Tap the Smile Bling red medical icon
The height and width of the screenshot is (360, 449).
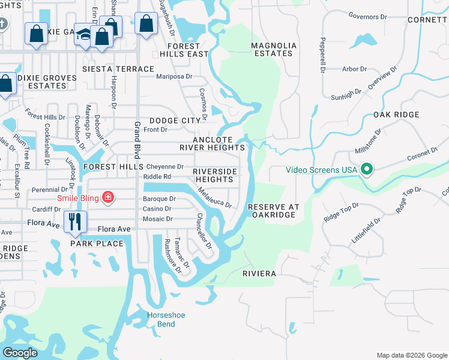coord(108,197)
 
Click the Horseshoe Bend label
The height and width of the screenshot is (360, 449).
coord(162,319)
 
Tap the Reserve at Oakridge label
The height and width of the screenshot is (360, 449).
coord(273,210)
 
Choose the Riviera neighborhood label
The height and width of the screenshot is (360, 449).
coord(259,274)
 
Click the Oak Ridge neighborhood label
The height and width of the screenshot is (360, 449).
coord(396,115)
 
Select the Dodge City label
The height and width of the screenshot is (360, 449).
coord(174,121)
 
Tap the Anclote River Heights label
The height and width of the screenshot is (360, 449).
coord(212,143)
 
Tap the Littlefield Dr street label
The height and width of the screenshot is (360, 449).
coord(367,229)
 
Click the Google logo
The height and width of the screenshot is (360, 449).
coord(20,353)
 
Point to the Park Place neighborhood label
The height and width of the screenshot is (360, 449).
coord(97,244)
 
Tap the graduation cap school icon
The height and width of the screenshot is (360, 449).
coord(84,35)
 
